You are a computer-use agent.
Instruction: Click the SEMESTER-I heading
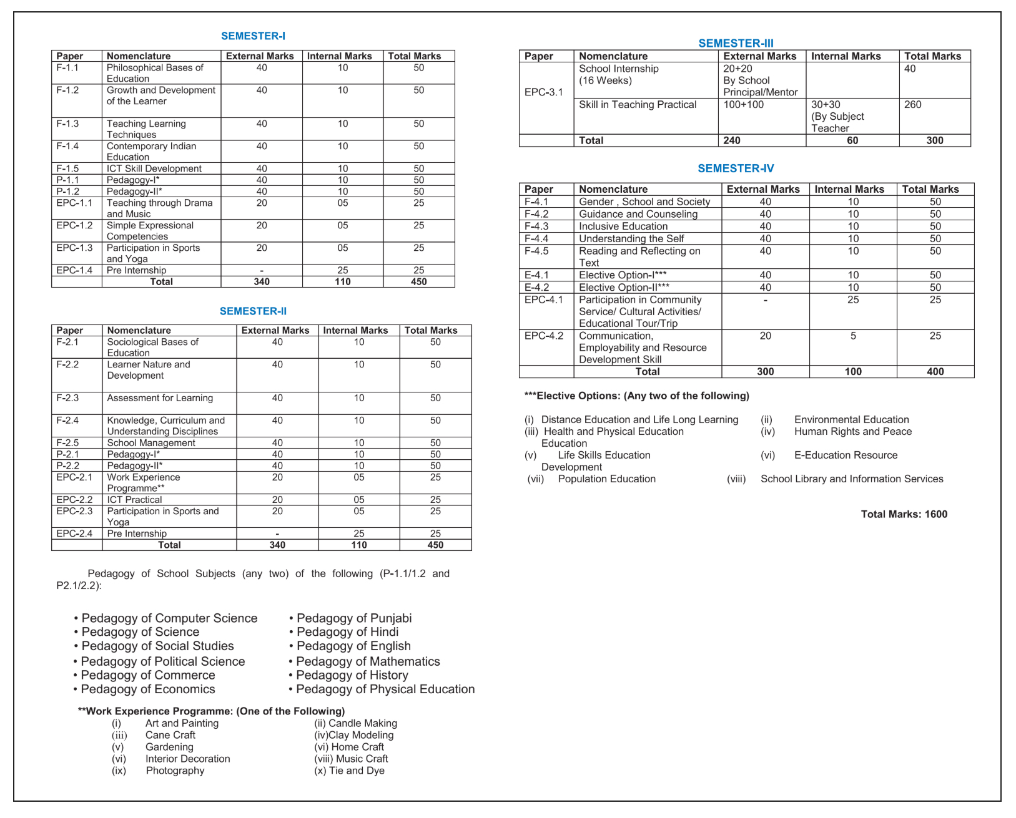pos(253,36)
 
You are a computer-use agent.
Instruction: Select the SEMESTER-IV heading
pos(736,168)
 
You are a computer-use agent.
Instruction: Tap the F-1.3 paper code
pos(67,124)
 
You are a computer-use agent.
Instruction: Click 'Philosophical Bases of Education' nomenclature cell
pos(155,73)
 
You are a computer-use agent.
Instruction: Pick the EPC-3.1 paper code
pos(543,92)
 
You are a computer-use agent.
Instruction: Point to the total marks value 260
pos(912,105)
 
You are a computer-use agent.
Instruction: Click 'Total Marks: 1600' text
pos(904,514)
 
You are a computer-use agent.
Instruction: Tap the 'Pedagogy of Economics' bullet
pos(147,689)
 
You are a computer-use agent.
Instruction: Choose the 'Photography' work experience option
pos(175,771)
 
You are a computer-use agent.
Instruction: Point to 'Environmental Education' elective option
pos(851,420)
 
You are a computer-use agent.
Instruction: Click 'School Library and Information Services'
pos(851,479)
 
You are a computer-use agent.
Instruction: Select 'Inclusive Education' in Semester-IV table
pos(623,226)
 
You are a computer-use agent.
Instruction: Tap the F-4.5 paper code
pos(536,251)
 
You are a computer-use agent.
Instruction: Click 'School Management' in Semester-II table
pos(151,443)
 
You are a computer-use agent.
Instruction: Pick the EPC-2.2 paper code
pos(74,500)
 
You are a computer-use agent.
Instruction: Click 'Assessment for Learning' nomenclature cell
pos(160,398)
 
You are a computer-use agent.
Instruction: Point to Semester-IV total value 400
pos(935,372)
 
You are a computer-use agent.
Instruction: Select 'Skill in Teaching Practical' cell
pos(637,105)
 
